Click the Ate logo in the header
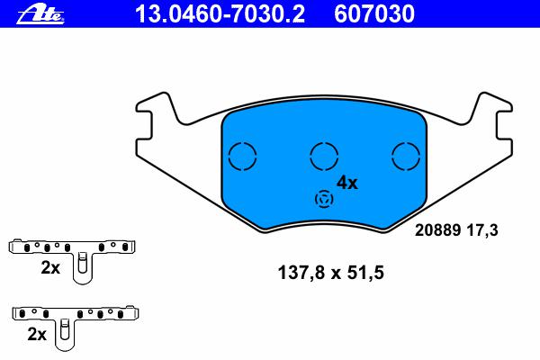tap(40, 15)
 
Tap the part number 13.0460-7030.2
tap(220, 13)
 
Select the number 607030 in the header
tap(374, 13)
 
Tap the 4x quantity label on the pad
tap(347, 183)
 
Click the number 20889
tap(438, 230)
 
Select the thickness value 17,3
tap(482, 230)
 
